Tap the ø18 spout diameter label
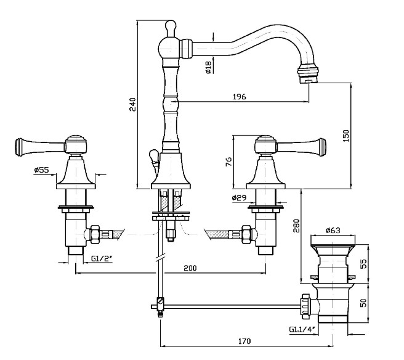[x=208, y=67]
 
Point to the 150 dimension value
[x=345, y=136]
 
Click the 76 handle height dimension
[x=228, y=162]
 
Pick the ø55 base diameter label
[x=41, y=170]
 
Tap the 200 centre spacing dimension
[x=190, y=268]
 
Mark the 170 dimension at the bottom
[x=243, y=340]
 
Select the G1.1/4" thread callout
[x=302, y=329]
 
